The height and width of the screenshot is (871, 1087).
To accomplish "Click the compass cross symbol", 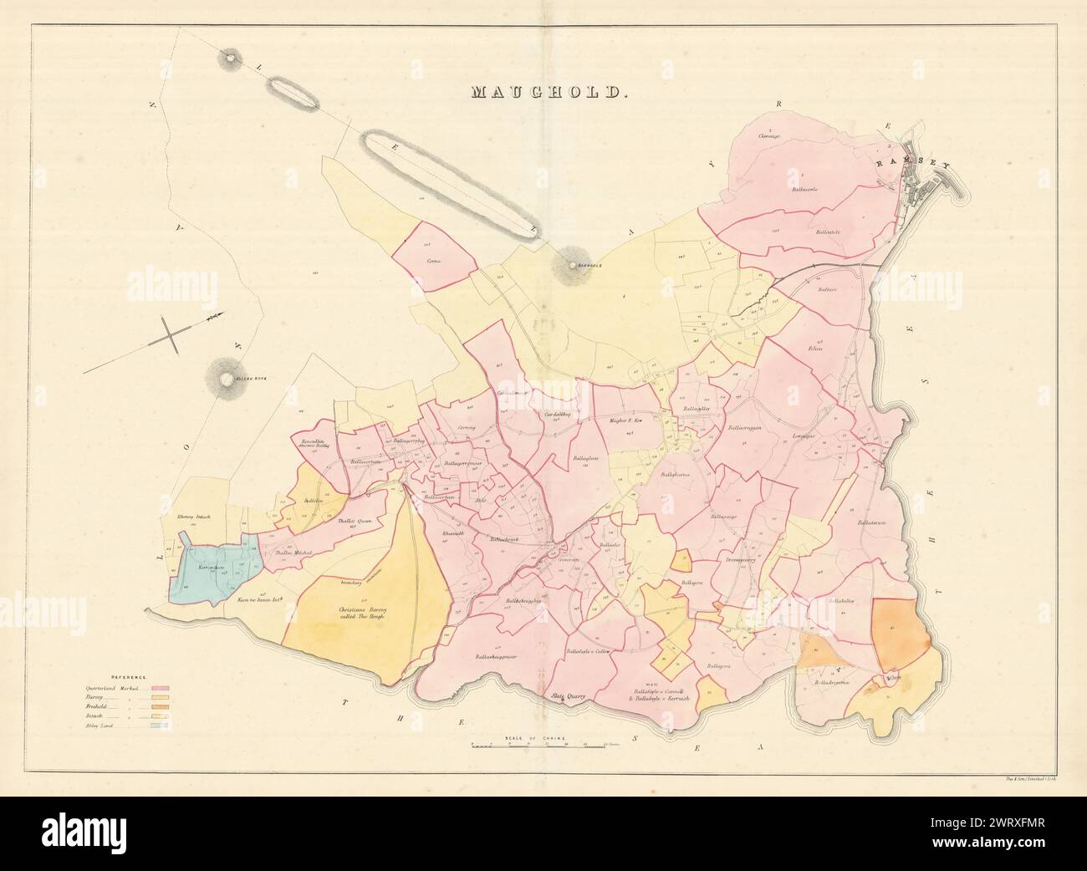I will pos(172,334).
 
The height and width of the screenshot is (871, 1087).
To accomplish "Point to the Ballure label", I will pos(827,289).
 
